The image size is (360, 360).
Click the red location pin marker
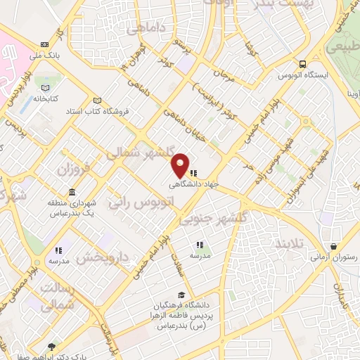(181, 165)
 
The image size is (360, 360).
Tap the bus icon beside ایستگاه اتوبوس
(302, 63)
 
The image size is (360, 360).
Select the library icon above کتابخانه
(46, 88)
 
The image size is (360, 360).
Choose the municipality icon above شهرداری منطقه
(72, 193)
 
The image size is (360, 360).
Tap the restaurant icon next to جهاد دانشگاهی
(193, 172)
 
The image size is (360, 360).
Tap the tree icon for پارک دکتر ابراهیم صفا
(51, 346)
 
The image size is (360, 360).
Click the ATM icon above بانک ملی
(46, 43)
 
